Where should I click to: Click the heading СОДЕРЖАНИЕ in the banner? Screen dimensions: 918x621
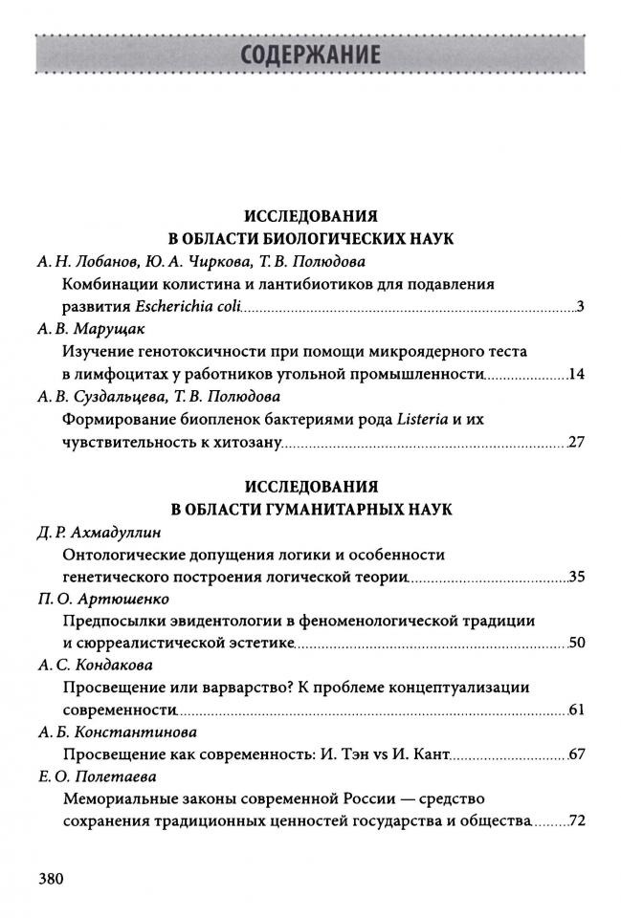coord(311,54)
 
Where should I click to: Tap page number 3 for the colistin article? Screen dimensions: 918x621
coord(580,307)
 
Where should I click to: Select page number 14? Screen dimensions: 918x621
coord(576,374)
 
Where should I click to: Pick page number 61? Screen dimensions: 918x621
coord(576,710)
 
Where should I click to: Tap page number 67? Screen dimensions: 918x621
coord(576,754)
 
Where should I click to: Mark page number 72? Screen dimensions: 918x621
coord(576,821)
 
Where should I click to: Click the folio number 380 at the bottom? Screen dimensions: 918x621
coord(50,878)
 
